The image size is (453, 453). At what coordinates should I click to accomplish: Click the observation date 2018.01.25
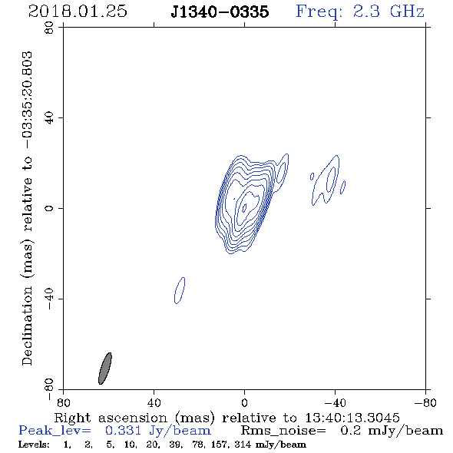coord(78,12)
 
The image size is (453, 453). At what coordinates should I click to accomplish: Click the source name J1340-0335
coord(220,12)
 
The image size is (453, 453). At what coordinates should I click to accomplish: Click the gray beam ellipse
coord(105,369)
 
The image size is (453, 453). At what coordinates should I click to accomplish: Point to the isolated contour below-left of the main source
coord(180,290)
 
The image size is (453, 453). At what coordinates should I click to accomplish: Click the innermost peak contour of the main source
coord(244,207)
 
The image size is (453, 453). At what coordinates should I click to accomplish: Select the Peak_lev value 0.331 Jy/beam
coord(157,431)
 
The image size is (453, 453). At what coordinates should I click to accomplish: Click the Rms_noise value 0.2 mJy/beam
coord(392,431)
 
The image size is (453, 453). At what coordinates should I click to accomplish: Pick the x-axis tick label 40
coord(154,403)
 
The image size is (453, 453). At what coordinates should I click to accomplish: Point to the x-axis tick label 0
coord(244,403)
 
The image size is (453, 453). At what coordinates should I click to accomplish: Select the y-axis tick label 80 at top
coord(49,28)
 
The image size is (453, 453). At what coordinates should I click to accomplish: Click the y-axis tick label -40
coord(49,299)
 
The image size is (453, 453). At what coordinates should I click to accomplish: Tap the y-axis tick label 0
coord(49,208)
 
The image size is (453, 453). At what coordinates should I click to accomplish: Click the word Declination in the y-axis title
coord(27,326)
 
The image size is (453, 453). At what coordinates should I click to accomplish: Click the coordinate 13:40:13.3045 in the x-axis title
coord(352,418)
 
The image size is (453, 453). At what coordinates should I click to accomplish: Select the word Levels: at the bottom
coord(34,445)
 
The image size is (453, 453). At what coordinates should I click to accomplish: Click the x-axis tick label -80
coord(425,403)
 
